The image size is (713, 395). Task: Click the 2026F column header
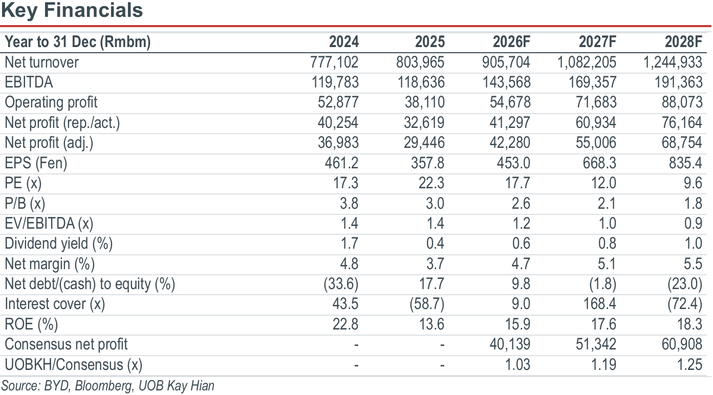pyautogui.click(x=511, y=41)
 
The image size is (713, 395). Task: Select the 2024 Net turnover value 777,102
pyautogui.click(x=334, y=62)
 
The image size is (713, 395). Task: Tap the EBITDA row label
pyautogui.click(x=29, y=82)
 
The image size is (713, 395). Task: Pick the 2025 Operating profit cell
pyautogui.click(x=424, y=102)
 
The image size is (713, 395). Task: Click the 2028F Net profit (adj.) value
pyautogui.click(x=681, y=143)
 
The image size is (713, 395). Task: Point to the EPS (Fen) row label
pyautogui.click(x=36, y=163)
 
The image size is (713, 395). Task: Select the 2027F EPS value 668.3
pyautogui.click(x=599, y=163)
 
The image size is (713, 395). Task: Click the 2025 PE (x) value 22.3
pyautogui.click(x=431, y=183)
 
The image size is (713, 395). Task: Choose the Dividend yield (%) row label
pyautogui.click(x=58, y=244)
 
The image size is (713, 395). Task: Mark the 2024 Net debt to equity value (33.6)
pyautogui.click(x=341, y=284)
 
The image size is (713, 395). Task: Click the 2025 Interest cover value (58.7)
pyautogui.click(x=427, y=304)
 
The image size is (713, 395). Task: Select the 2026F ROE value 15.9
pyautogui.click(x=517, y=324)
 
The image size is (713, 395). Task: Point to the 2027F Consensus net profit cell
pyautogui.click(x=596, y=344)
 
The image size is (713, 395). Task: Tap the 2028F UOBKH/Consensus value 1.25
pyautogui.click(x=689, y=365)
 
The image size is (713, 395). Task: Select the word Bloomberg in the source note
pyautogui.click(x=103, y=386)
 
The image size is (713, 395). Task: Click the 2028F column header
pyautogui.click(x=683, y=41)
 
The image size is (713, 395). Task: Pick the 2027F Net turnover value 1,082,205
pyautogui.click(x=587, y=62)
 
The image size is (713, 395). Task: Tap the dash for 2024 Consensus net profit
pyautogui.click(x=356, y=345)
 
